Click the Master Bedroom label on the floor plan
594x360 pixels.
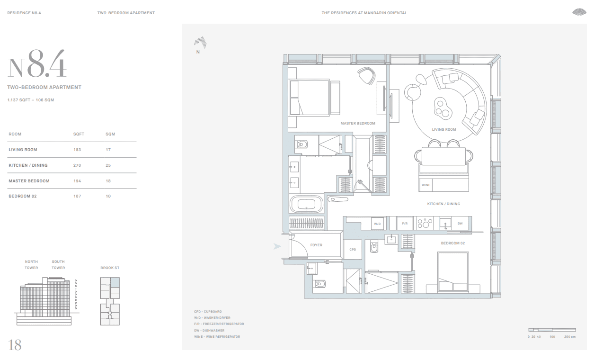pos(358,123)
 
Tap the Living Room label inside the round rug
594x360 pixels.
pos(444,130)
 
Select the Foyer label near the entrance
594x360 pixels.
pos(316,245)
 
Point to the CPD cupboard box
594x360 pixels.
pos(353,250)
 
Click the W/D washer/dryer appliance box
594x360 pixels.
pos(377,224)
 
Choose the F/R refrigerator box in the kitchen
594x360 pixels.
pos(405,223)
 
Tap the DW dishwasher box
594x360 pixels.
pos(460,223)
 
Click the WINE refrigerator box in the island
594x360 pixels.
pos(426,185)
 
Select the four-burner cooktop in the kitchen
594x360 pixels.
pos(425,223)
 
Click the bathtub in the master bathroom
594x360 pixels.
pos(306,204)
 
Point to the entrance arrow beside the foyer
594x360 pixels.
pos(277,246)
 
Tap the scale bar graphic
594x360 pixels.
pos(552,330)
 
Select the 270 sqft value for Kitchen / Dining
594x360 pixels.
pos(77,165)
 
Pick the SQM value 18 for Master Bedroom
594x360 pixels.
pos(108,181)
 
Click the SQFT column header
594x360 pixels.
pos(79,134)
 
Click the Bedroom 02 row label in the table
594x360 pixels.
pos(23,196)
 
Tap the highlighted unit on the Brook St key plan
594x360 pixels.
pos(115,282)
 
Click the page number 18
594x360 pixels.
pos(15,345)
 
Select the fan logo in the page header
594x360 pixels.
pos(579,12)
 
